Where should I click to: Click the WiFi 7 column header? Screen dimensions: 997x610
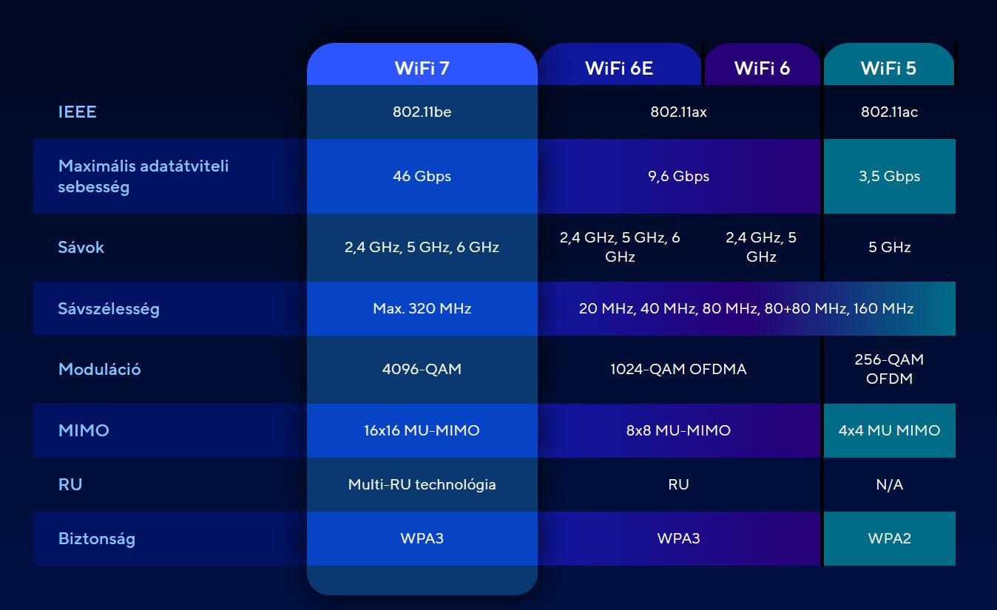click(x=422, y=68)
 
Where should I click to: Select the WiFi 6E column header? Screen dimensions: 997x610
click(x=619, y=68)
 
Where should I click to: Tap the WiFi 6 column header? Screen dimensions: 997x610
click(x=762, y=68)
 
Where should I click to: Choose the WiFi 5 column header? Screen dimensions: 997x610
click(x=888, y=68)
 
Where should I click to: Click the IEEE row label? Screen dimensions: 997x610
click(x=77, y=112)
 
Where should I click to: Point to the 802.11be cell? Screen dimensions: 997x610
click(x=422, y=112)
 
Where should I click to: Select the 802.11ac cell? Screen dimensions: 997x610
click(x=889, y=112)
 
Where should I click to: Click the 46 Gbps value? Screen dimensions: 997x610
click(x=422, y=176)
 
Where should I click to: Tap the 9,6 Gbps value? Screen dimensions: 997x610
click(x=678, y=176)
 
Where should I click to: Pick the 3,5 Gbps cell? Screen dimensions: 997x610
click(x=889, y=176)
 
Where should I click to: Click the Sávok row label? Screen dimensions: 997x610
click(x=81, y=247)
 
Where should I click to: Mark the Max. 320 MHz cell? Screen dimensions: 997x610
click(x=422, y=308)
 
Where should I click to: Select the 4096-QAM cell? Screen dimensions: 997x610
click(x=422, y=369)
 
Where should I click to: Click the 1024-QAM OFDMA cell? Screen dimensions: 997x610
click(x=678, y=369)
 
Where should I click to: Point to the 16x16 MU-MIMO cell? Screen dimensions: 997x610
click(x=422, y=430)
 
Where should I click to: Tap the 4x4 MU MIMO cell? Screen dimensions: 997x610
click(x=889, y=430)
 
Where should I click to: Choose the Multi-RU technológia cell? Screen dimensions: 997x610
click(x=422, y=484)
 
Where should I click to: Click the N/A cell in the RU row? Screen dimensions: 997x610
click(x=889, y=484)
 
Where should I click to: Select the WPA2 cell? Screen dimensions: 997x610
click(x=889, y=538)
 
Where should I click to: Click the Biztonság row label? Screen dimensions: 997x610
click(x=97, y=539)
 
